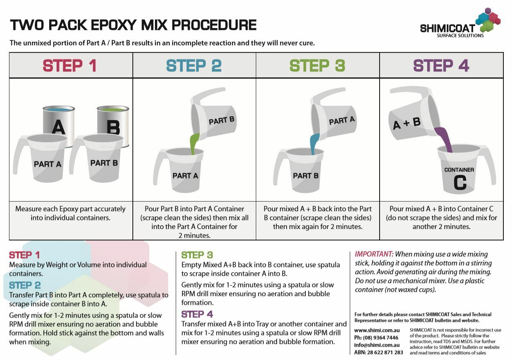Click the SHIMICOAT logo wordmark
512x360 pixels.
[448, 28]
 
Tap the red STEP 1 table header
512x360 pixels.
[70, 66]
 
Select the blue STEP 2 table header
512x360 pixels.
[194, 66]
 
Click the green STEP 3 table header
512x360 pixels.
[317, 66]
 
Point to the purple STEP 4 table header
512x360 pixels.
[441, 66]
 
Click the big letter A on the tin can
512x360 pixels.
[59, 127]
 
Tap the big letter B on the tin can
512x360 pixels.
[114, 127]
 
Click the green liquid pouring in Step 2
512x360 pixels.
[194, 143]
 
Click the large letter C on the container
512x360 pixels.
[460, 182]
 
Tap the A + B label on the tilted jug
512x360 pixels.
[407, 123]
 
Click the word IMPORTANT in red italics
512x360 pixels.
[374, 254]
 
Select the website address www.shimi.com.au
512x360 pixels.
[377, 330]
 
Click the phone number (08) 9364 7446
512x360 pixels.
[380, 337]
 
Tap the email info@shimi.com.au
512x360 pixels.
[377, 345]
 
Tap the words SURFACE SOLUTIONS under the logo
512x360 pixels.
[460, 36]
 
